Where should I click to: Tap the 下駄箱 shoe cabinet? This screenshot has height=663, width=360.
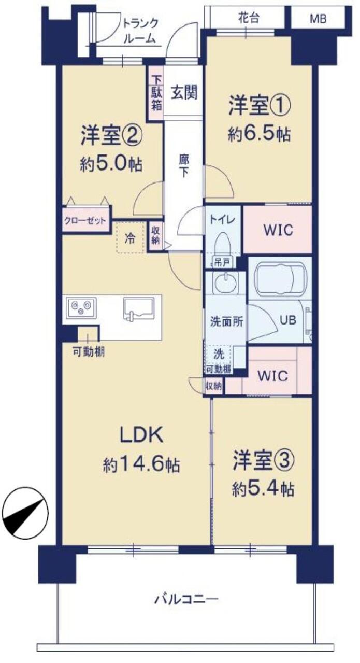pyautogui.click(x=156, y=93)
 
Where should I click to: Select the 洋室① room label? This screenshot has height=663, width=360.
pyautogui.click(x=260, y=106)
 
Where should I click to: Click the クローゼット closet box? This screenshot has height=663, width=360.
pyautogui.click(x=85, y=220)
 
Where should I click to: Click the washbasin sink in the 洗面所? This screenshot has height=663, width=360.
pyautogui.click(x=226, y=283)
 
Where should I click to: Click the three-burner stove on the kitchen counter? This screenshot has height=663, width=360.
pyautogui.click(x=81, y=308)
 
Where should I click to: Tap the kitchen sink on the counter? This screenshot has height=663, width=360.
pyautogui.click(x=139, y=309)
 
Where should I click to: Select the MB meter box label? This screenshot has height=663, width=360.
pyautogui.click(x=318, y=19)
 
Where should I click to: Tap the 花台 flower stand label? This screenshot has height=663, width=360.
pyautogui.click(x=249, y=18)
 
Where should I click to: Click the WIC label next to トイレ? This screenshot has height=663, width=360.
pyautogui.click(x=278, y=230)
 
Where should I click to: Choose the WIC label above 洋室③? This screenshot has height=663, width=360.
pyautogui.click(x=273, y=376)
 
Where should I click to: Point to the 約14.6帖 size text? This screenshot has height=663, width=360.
pyautogui.click(x=141, y=464)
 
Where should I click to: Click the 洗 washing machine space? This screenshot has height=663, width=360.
pyautogui.click(x=219, y=354)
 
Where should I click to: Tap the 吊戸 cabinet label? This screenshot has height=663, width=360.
pyautogui.click(x=221, y=262)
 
